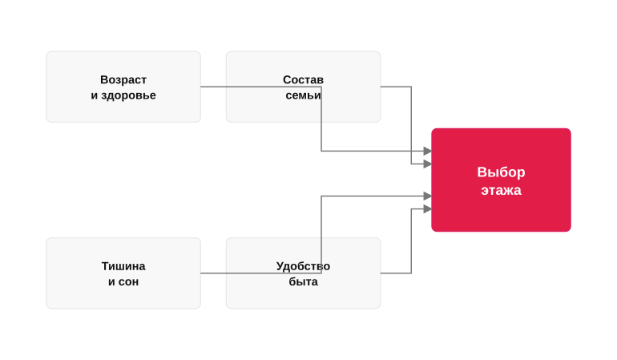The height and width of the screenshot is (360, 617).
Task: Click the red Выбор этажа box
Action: (x=501, y=180)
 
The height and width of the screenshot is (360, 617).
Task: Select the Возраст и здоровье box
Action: (x=123, y=87)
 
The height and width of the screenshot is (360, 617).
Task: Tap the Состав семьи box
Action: (x=303, y=87)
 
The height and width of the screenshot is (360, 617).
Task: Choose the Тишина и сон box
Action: (x=123, y=273)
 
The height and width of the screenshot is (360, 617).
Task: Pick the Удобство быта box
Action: (x=303, y=273)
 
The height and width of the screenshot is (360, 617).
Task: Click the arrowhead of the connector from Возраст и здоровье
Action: (x=428, y=151)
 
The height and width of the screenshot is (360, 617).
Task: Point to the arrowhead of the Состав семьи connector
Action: (x=428, y=164)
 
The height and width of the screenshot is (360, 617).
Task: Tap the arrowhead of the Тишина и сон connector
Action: (x=428, y=196)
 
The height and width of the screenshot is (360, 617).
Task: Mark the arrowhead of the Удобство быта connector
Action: (x=428, y=208)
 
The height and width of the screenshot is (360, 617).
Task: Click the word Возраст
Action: (x=123, y=79)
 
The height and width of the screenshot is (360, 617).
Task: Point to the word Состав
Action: (x=303, y=79)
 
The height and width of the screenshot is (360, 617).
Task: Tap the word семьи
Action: (x=303, y=95)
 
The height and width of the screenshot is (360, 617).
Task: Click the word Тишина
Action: (x=123, y=266)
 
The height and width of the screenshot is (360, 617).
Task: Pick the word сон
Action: (x=129, y=282)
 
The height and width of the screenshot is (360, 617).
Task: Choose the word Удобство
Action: (x=303, y=266)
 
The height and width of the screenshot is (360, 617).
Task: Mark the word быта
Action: (x=303, y=281)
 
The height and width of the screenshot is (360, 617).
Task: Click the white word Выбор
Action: (x=501, y=172)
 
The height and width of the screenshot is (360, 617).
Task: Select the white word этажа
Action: (x=501, y=190)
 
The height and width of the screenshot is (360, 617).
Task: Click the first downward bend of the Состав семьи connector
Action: (x=411, y=87)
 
